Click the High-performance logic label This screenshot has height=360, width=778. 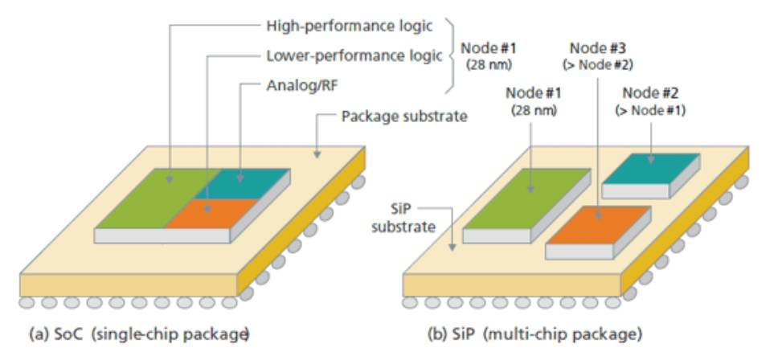[350, 26]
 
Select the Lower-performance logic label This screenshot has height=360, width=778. [354, 55]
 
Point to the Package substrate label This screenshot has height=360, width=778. [403, 115]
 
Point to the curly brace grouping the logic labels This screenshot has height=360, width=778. [451, 55]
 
